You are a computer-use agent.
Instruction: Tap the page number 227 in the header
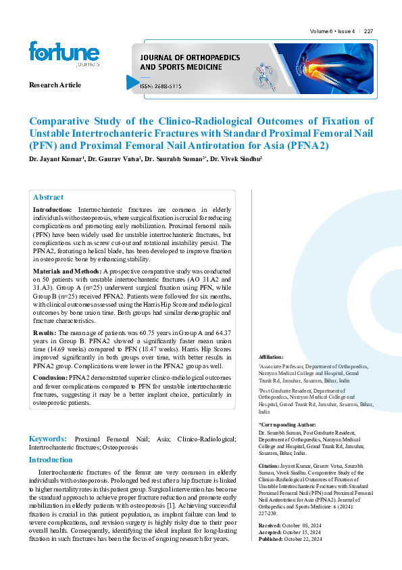[x=369, y=31]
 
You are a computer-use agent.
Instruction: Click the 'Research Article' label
[x=55, y=85]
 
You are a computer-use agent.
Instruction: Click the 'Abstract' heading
[x=48, y=197]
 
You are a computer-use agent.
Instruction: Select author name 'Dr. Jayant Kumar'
[x=55, y=160]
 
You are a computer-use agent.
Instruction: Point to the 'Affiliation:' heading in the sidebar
[x=271, y=357]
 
